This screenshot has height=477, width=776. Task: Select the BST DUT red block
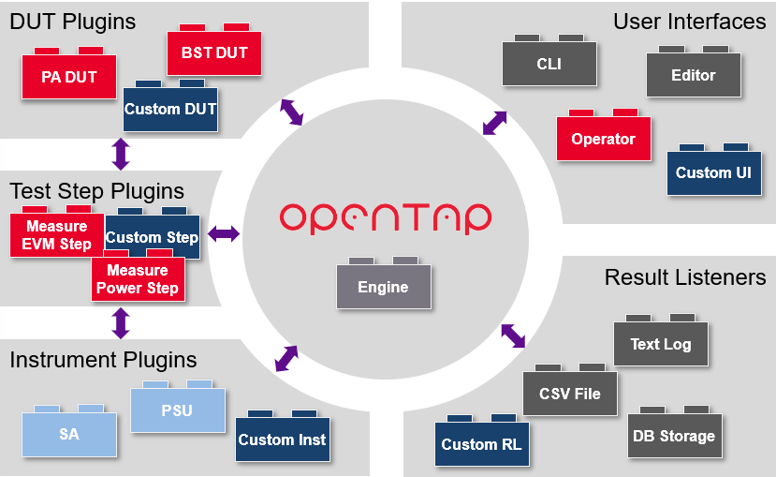[214, 53]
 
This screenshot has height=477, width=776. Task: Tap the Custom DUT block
[170, 109]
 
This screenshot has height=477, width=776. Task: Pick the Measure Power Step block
[137, 279]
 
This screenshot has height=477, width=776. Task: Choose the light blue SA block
[69, 434]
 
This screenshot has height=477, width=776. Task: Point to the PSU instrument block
[177, 410]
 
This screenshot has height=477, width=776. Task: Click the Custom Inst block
[282, 440]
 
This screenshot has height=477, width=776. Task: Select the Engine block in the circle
[383, 287]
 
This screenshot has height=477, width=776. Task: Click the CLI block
[549, 65]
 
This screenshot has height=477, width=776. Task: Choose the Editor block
[694, 76]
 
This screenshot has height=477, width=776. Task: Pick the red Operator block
[603, 139]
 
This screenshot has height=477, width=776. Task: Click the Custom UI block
[713, 172]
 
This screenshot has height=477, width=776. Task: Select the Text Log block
[660, 344]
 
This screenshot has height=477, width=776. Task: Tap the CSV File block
[570, 394]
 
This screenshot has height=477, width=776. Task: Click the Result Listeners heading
[685, 277]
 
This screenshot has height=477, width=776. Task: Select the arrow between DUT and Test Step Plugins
[120, 153]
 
